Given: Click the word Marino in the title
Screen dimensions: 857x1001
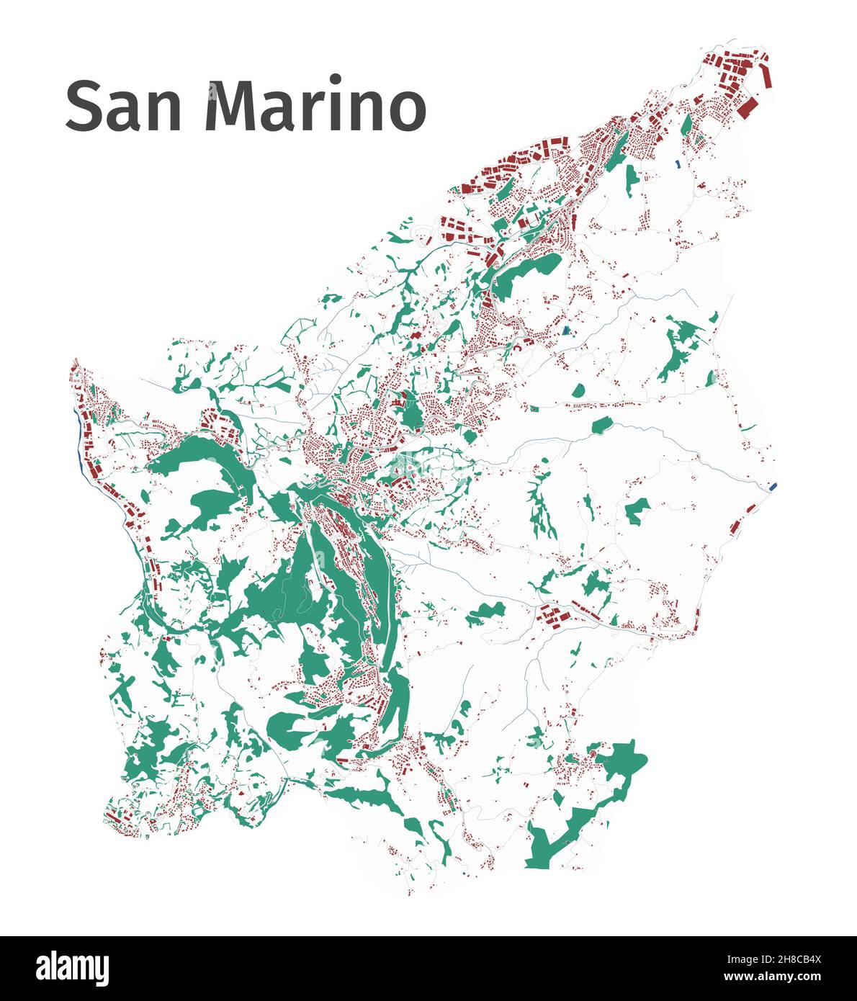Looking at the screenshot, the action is (315, 106).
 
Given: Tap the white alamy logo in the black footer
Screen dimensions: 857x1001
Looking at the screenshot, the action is (72, 968).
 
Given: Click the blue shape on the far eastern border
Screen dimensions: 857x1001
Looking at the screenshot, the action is (773, 487).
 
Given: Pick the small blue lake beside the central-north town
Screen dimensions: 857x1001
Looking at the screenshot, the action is (567, 331).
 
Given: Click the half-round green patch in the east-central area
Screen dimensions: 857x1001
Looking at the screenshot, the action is (578, 391).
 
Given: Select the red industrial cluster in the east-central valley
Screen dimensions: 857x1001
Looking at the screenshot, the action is (553, 616).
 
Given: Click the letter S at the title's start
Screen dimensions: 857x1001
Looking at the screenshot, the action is (83, 106).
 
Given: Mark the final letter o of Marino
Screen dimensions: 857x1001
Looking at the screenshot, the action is (407, 112).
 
